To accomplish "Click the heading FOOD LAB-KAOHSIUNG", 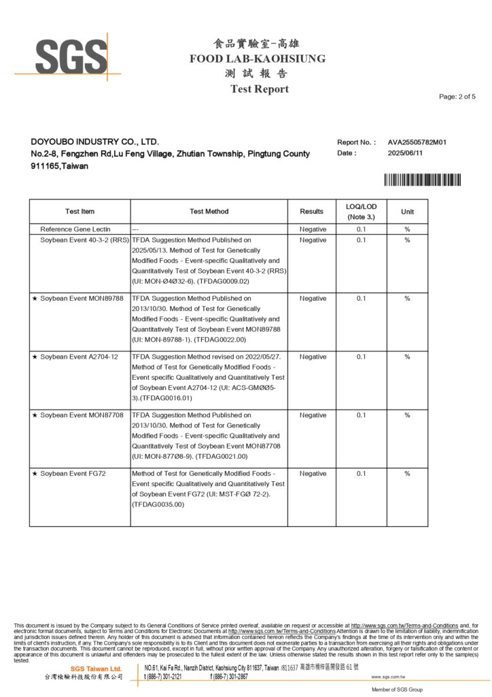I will (258, 59).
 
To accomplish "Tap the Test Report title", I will (259, 89).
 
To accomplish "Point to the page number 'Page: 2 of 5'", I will (457, 97).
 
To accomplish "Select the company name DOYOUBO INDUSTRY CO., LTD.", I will (95, 142).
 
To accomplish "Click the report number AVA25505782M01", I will (417, 142).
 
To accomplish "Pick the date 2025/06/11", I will (406, 153).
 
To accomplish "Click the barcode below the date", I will (422, 180).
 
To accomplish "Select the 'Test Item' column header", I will (80, 212).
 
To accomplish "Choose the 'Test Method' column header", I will (209, 212).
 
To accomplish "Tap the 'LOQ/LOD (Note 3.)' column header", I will (361, 211).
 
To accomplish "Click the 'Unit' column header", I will (407, 212).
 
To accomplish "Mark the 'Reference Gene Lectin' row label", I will (75, 229).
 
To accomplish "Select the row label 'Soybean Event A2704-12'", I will (79, 357).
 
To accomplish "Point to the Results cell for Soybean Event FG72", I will (313, 473).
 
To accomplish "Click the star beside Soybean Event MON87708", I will (35, 415).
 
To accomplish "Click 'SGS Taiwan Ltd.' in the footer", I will (96, 669).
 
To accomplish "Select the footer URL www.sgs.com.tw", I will (389, 677).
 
